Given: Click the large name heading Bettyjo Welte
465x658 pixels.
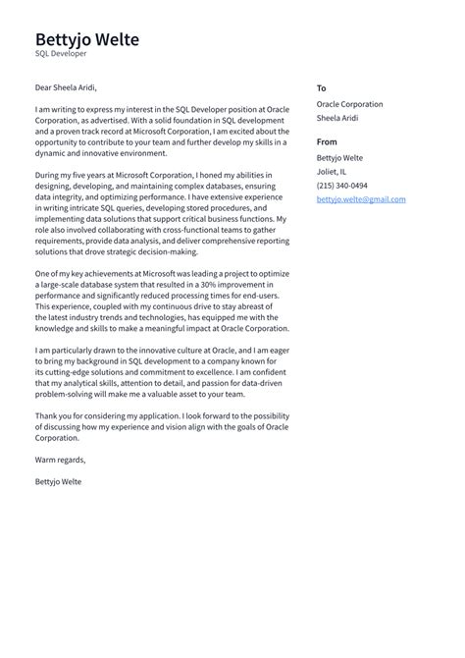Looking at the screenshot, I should click(86, 39).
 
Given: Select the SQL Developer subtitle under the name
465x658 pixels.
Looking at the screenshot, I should click(62, 56).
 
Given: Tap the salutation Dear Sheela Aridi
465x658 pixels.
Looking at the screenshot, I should click(66, 87).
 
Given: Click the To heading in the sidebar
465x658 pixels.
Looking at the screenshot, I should click(321, 88).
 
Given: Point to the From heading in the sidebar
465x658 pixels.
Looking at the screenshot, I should click(327, 142).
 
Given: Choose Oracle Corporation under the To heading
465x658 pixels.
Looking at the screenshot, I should click(350, 104).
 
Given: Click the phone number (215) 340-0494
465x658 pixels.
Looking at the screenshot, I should click(342, 185).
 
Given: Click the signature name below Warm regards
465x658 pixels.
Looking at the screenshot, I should click(59, 482).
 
